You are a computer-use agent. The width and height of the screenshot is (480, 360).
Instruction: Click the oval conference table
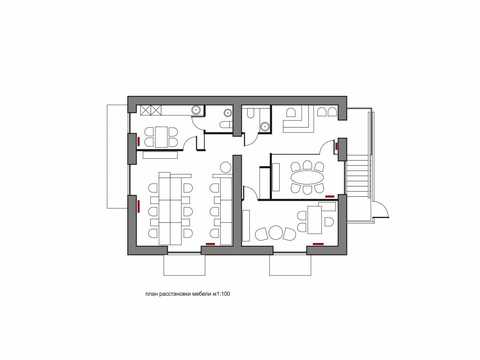pos(307,177)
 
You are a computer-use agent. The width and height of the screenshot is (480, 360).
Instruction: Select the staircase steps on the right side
pos(357,177)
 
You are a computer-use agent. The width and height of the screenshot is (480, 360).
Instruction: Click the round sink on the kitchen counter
pos(196,110)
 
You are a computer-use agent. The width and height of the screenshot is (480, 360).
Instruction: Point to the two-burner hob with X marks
pos(151,110)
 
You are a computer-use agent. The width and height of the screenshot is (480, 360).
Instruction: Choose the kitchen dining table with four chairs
pos(161,136)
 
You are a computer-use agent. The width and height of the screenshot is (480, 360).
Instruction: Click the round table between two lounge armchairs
pos(276,232)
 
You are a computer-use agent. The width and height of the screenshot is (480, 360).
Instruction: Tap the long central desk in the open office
pos(170,208)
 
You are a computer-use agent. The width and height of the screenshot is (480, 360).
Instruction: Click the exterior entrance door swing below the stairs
pos(381,211)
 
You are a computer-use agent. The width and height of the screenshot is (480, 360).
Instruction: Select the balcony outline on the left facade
pos(117,156)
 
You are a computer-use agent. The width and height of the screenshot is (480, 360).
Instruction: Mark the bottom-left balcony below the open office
pos(184,265)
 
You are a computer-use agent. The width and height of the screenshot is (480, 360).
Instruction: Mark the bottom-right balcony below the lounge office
pos(290,265)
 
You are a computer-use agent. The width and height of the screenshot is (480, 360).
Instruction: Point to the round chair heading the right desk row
pos(226,167)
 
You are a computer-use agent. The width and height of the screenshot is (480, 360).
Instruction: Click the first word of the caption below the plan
pos(151,294)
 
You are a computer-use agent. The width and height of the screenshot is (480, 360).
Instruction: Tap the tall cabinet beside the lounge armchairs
pos(246,225)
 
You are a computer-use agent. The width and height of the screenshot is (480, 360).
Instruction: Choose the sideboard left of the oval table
pos(276,177)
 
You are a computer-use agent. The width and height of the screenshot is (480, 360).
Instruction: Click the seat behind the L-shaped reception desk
pos(291,113)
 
